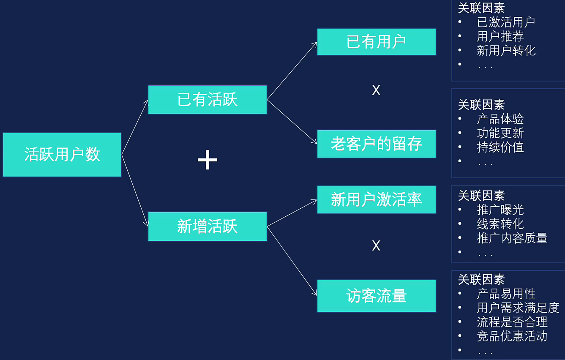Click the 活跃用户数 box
click(62, 154)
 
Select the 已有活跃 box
click(207, 100)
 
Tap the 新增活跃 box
click(207, 226)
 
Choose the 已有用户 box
click(376, 42)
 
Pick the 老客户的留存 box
click(376, 144)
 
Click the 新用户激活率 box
click(376, 199)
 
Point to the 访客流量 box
click(376, 296)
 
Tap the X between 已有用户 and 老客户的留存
click(376, 90)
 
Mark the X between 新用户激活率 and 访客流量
click(376, 245)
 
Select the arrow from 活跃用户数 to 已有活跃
click(135, 127)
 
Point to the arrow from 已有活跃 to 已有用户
click(292, 71)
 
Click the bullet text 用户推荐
click(500, 36)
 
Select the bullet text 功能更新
click(500, 133)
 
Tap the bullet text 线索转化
click(500, 224)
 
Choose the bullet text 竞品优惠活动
click(512, 336)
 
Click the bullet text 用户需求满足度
click(518, 308)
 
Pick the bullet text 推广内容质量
click(512, 238)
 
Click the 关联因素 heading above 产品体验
click(481, 105)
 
